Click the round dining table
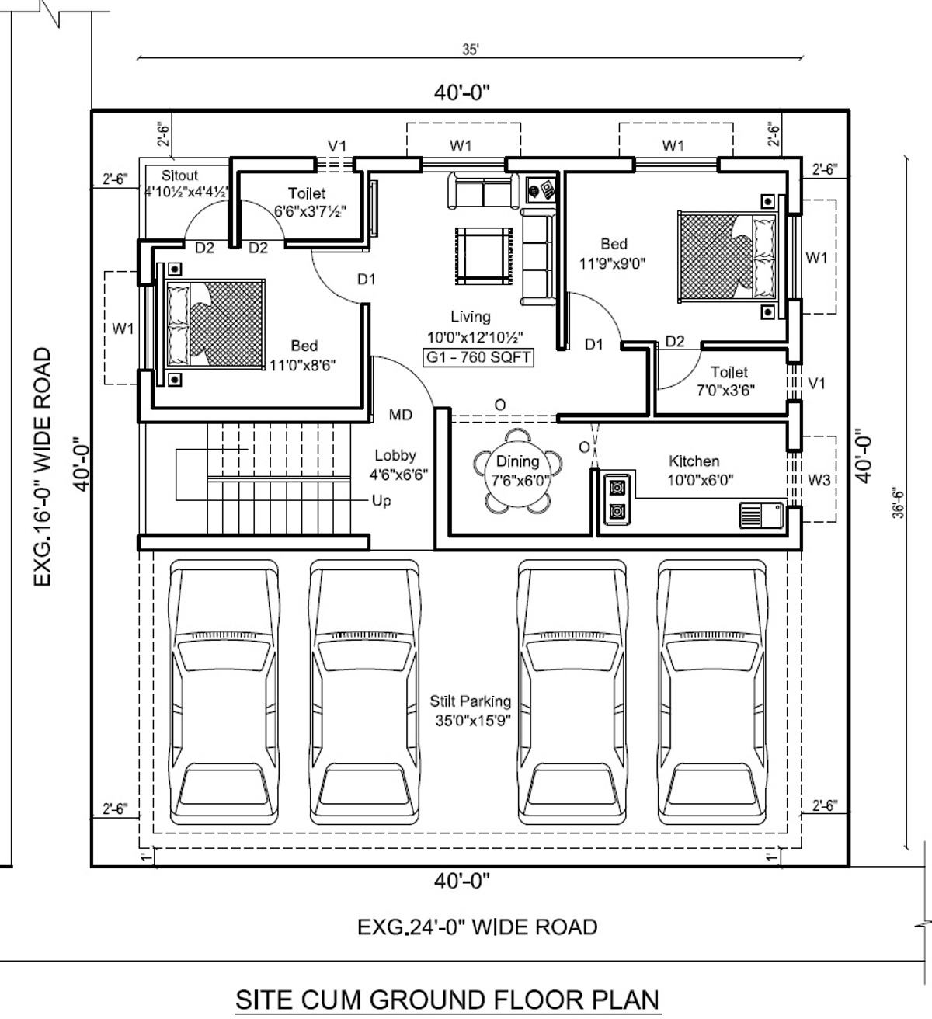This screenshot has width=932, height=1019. [x=517, y=471]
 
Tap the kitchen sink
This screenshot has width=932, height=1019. [x=761, y=516]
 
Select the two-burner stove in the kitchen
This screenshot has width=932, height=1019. [x=617, y=499]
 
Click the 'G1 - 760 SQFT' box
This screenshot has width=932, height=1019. [x=478, y=357]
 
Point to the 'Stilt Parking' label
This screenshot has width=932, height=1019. [x=470, y=701]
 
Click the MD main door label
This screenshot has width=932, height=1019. [x=401, y=415]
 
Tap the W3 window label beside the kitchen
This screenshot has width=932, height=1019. [x=819, y=479]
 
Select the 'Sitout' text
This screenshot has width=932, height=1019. [x=179, y=176]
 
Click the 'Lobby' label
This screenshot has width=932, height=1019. [x=395, y=456]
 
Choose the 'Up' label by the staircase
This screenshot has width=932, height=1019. [x=381, y=501]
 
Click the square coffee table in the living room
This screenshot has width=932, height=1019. [x=483, y=256]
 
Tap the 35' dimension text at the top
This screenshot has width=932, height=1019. [x=470, y=49]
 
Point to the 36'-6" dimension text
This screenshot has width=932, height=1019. [x=899, y=503]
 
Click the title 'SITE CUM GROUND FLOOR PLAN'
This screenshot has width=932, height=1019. [x=447, y=1000]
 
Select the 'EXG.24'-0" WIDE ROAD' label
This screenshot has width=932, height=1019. [x=477, y=927]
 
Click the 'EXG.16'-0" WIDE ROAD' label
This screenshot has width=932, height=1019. [x=42, y=467]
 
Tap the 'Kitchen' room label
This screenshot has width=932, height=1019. [x=694, y=461]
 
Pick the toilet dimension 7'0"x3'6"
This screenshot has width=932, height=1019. [x=725, y=391]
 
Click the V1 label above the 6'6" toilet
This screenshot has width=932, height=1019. [x=337, y=146]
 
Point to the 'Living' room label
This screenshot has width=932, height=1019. [x=471, y=317]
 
